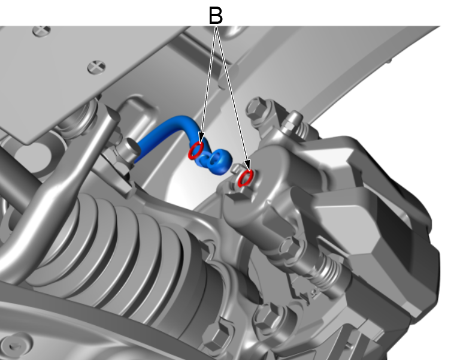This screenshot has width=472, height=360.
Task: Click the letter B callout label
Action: pyautogui.click(x=216, y=16)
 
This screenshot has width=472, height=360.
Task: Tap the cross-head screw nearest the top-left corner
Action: pyautogui.click(x=41, y=31)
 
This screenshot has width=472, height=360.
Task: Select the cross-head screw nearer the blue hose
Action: pyautogui.click(x=96, y=67)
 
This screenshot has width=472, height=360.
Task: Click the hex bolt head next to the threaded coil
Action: pyautogui.click(x=291, y=247)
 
